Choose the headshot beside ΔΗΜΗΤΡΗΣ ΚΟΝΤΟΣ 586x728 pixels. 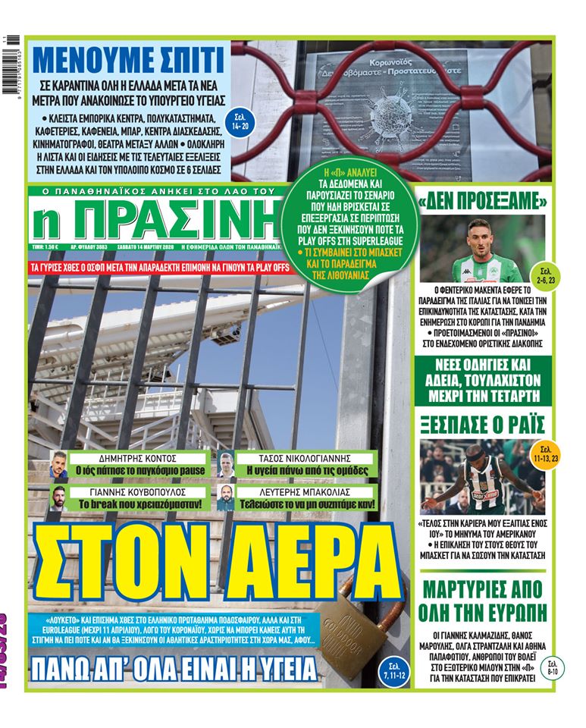pyautogui.click(x=59, y=464)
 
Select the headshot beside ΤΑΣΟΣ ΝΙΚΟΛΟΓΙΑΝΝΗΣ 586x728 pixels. pyautogui.click(x=226, y=464)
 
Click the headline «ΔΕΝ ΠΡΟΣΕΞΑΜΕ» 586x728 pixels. pyautogui.click(x=483, y=203)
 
